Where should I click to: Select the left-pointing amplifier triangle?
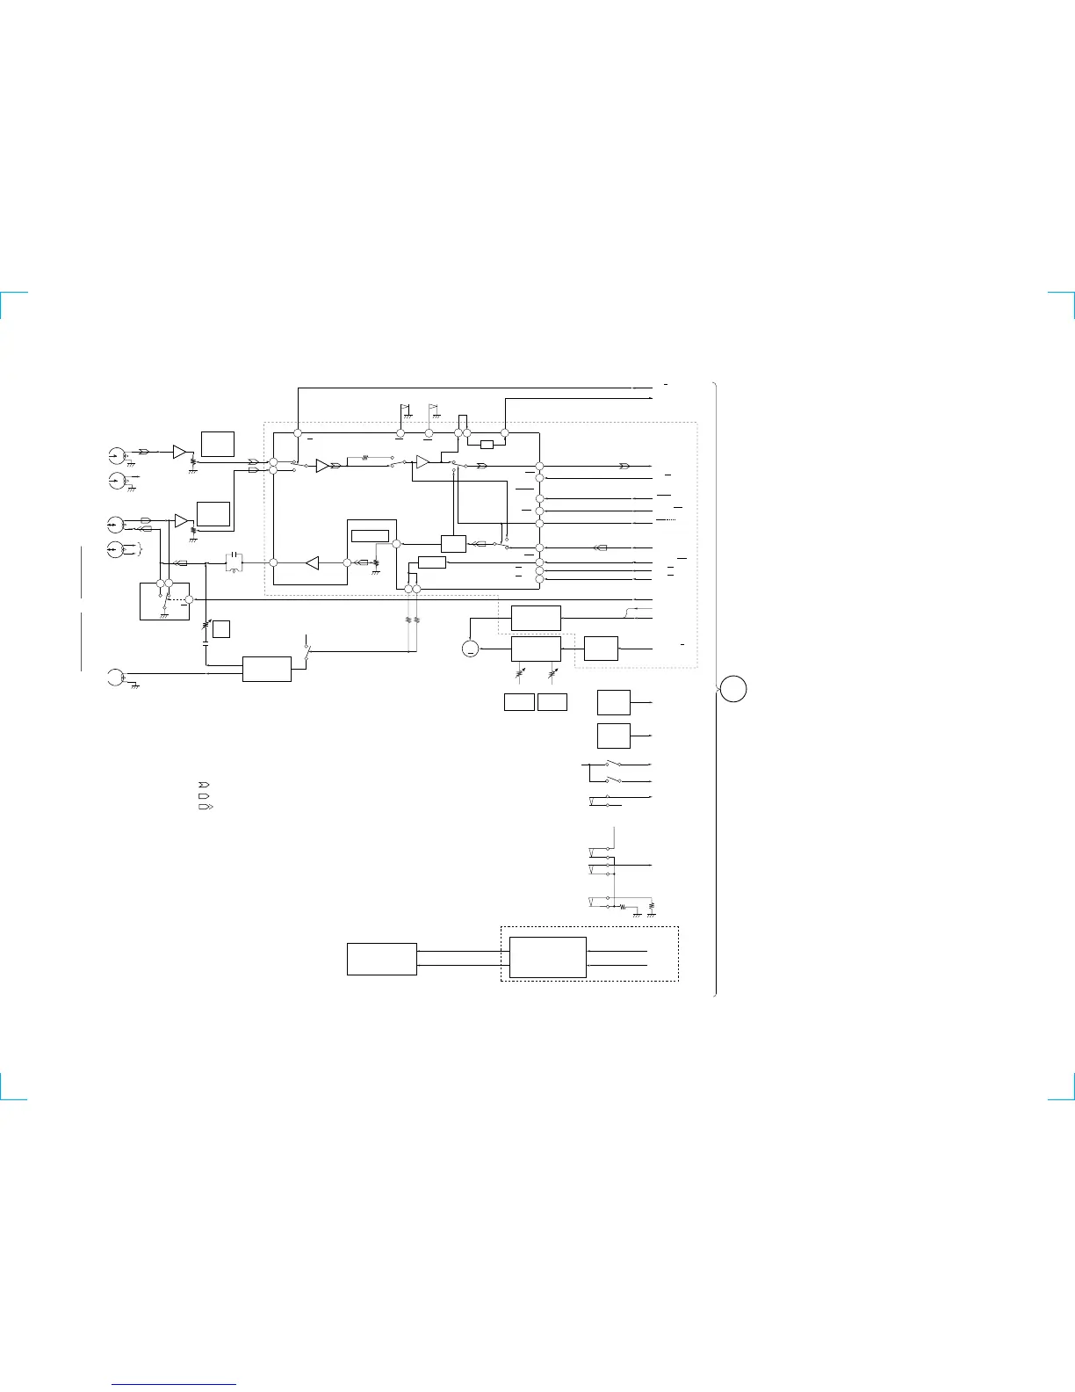pos(311,562)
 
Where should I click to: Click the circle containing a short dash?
pos(471,649)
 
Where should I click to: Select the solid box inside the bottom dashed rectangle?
pos(547,957)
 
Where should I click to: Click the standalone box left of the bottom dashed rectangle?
pos(381,959)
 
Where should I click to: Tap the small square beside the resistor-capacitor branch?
pos(222,628)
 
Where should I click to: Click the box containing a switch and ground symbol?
pos(164,600)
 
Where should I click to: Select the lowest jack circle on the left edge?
pos(113,677)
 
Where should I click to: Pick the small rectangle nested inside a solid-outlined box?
pos(369,536)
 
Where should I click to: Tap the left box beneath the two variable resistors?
pos(519,702)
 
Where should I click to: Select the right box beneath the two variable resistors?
pos(552,702)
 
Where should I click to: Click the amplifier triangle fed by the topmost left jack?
pos(180,452)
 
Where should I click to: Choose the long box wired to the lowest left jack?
pos(267,669)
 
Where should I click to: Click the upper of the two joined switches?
pos(613,764)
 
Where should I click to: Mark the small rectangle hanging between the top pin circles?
pos(487,444)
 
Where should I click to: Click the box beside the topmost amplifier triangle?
pos(217,444)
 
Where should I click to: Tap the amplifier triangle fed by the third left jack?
pos(181,521)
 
